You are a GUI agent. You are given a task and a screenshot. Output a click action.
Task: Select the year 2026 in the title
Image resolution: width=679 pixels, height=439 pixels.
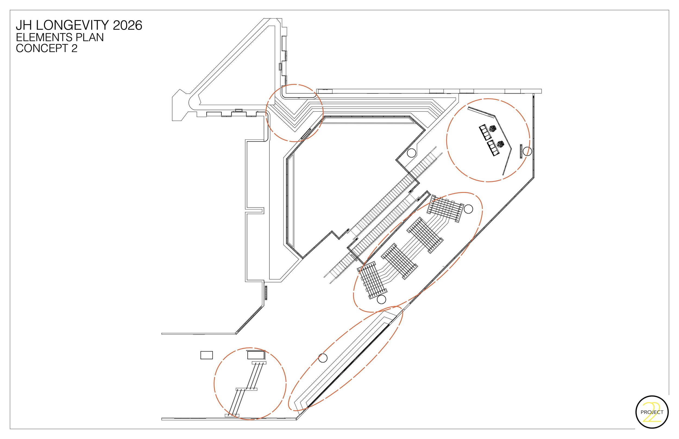tap(128, 26)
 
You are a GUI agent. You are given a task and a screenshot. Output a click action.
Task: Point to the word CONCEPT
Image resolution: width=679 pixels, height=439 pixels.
tap(41, 49)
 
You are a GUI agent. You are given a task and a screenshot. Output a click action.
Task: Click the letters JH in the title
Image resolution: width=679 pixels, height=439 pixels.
tap(23, 26)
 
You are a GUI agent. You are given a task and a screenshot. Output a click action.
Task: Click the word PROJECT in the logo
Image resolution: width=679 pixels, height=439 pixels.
tap(652, 412)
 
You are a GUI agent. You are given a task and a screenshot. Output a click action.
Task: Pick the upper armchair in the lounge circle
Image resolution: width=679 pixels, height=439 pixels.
tap(492, 129)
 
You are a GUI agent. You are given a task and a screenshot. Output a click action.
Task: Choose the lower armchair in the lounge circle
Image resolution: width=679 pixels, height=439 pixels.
tap(500, 144)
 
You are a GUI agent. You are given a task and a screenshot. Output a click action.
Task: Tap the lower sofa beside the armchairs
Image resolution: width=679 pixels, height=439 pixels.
tap(493, 148)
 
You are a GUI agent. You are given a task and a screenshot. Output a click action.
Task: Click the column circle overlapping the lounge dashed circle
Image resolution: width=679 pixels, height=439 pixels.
tap(527, 151)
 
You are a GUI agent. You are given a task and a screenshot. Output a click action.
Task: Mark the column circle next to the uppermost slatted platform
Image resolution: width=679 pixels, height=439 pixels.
tap(468, 209)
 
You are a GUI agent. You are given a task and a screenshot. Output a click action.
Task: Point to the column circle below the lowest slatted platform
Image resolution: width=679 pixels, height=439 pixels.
tap(381, 299)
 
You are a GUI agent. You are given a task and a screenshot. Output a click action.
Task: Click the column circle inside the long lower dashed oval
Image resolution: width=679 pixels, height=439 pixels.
tap(323, 358)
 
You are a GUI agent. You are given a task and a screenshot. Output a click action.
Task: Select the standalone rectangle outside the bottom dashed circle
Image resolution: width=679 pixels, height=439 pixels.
tap(207, 355)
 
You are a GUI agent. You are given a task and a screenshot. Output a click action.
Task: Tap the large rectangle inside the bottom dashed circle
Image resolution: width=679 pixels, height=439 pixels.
tap(256, 355)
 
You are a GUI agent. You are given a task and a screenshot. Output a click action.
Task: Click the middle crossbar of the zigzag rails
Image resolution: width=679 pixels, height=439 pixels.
tap(247, 389)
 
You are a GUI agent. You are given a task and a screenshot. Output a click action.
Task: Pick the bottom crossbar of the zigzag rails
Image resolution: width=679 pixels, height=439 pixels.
tap(232, 415)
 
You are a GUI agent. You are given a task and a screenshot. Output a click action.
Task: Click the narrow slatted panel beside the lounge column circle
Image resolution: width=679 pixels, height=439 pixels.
tap(521, 151)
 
